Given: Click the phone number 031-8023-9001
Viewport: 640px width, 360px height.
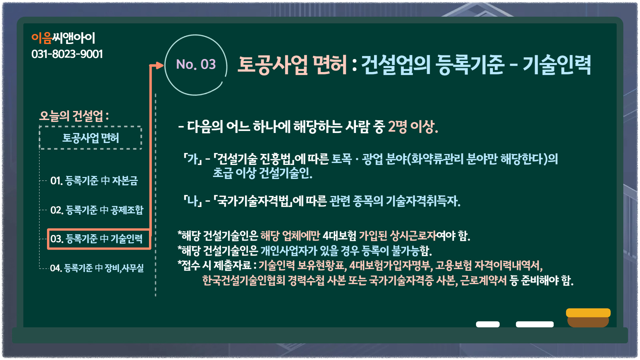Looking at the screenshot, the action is pos(67,54).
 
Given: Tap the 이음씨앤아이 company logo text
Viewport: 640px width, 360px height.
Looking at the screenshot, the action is pos(63,38).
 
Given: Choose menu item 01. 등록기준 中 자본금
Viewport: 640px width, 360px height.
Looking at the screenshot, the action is pos(94,181).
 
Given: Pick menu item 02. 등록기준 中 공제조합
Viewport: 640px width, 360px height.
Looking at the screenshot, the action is pos(97,210).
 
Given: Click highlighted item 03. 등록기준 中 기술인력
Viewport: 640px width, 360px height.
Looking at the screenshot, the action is pos(99,239).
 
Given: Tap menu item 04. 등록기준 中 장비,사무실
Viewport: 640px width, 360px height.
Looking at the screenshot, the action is pos(97,268).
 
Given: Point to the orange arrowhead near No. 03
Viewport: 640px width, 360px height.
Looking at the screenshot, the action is pos(160,65).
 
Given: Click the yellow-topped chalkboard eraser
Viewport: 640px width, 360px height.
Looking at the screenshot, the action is pos(588,318).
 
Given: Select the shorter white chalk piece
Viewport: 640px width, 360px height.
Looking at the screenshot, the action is pos(488,324).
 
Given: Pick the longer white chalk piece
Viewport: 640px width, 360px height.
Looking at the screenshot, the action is pos(535,324).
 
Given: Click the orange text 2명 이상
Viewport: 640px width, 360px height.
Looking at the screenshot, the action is pos(413,127).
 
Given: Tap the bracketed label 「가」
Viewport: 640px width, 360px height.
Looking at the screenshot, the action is pos(193,159).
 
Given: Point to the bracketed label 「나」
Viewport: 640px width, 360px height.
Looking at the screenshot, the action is pos(193,201).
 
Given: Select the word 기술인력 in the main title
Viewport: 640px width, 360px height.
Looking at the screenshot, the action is pos(557,65).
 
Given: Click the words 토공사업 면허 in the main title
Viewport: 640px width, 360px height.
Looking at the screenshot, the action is pos(292,65).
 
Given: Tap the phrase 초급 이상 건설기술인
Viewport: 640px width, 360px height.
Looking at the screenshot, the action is pos(263,173).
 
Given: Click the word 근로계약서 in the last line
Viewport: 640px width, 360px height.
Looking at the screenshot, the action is pos(483,280).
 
